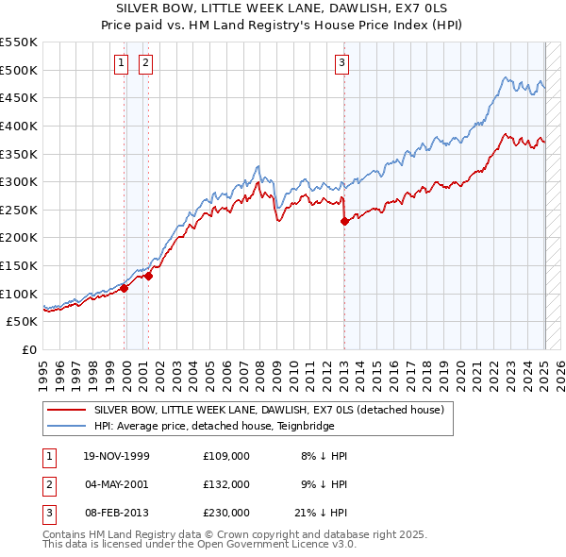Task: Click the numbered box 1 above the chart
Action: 123,64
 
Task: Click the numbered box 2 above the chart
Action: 146,64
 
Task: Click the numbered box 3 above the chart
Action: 341,64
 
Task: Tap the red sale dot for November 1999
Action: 125,289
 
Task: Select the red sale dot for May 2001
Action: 148,276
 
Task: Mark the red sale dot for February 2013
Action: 344,221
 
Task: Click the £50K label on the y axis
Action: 22,322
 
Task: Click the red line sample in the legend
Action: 65,410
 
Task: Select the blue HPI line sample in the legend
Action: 65,425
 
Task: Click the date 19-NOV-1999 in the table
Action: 117,456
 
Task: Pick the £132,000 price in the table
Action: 226,484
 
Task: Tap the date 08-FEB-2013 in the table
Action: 116,513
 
